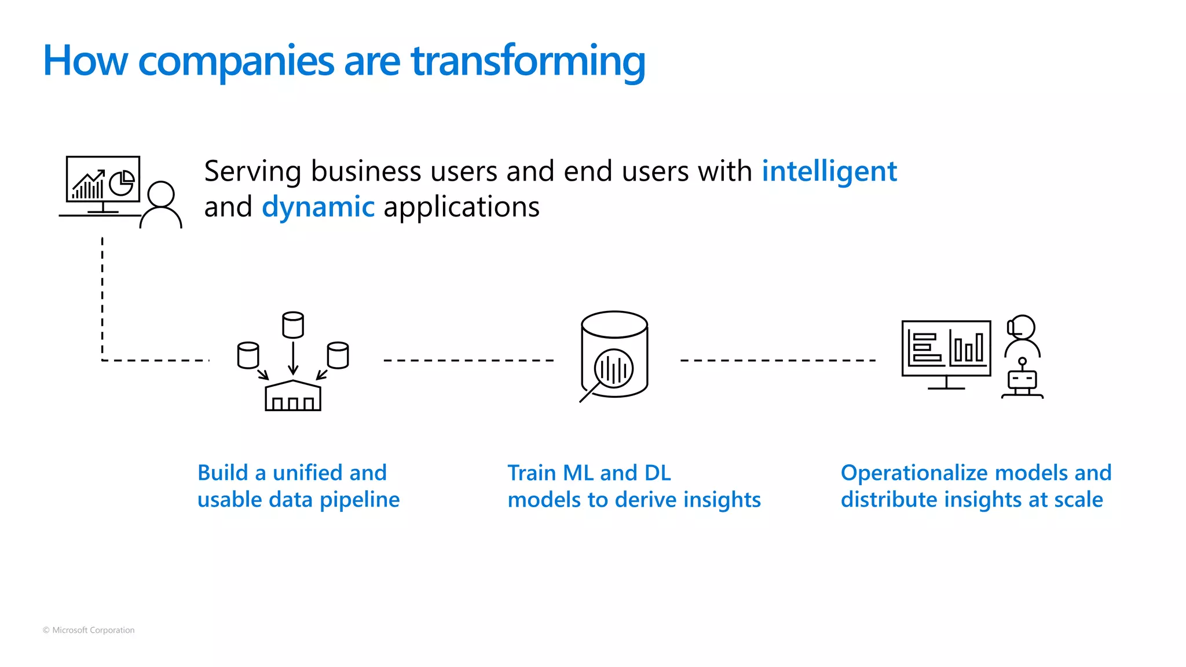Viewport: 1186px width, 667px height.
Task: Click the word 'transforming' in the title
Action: (528, 61)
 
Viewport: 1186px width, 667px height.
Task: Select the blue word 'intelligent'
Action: (829, 171)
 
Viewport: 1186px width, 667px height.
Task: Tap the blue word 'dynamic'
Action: (318, 207)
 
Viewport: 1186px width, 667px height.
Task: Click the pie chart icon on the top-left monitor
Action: (122, 183)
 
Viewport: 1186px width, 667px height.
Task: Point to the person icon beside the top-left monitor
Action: (161, 206)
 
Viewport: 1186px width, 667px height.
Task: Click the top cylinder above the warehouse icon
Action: (293, 325)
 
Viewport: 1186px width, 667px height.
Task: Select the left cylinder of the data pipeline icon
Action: (248, 355)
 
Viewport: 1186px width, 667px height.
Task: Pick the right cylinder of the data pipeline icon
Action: (338, 355)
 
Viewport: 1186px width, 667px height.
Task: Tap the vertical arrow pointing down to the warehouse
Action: (293, 358)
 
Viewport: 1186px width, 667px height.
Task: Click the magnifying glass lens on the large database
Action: (614, 368)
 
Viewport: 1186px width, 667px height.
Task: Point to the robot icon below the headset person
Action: (1022, 380)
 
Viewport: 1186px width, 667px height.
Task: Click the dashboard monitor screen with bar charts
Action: (946, 349)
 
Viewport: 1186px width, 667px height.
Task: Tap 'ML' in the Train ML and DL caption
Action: (578, 473)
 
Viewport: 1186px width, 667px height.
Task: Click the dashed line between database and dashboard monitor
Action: (778, 360)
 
